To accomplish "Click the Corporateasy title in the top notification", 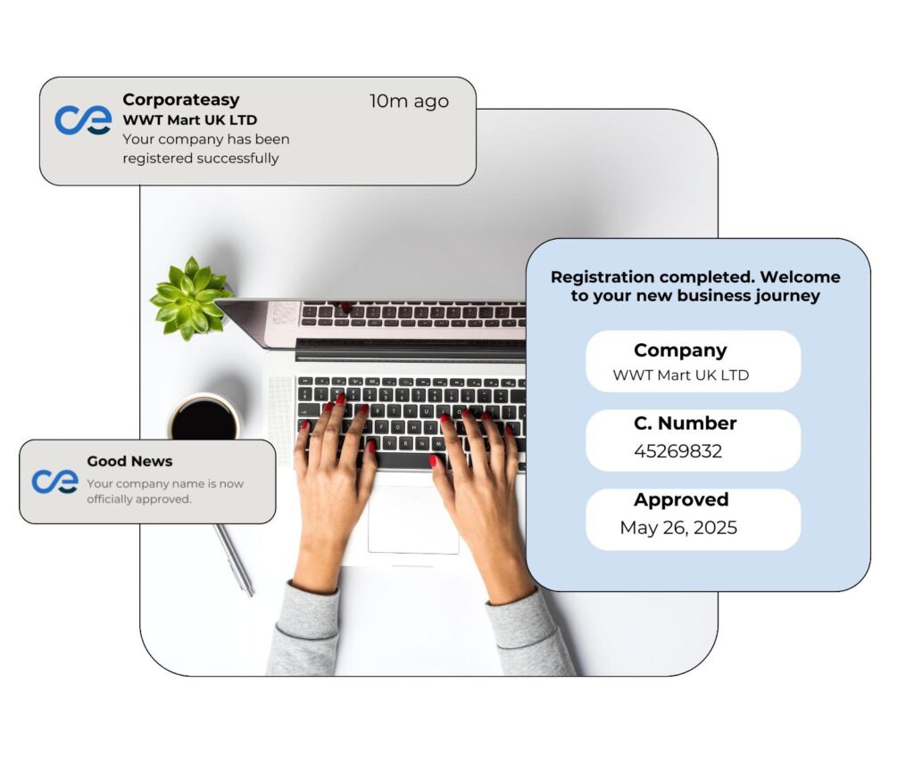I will tap(181, 100).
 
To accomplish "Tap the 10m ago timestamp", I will tap(409, 102).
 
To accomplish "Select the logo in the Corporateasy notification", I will tap(83, 120).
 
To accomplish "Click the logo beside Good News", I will tap(55, 481).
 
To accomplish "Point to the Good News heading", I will tap(129, 462).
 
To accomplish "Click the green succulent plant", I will tap(189, 298).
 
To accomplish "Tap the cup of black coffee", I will tap(204, 419).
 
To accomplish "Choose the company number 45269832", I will tap(677, 452).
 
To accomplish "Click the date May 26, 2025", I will tap(678, 528).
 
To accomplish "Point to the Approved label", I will tap(681, 500).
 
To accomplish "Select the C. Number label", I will tap(685, 424).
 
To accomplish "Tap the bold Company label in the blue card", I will tap(680, 350).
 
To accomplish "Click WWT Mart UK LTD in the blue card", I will tap(680, 375).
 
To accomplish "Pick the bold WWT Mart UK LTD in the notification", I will tap(189, 119).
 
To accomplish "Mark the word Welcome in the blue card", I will tap(800, 276).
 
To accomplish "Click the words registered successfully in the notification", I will tap(201, 159).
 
